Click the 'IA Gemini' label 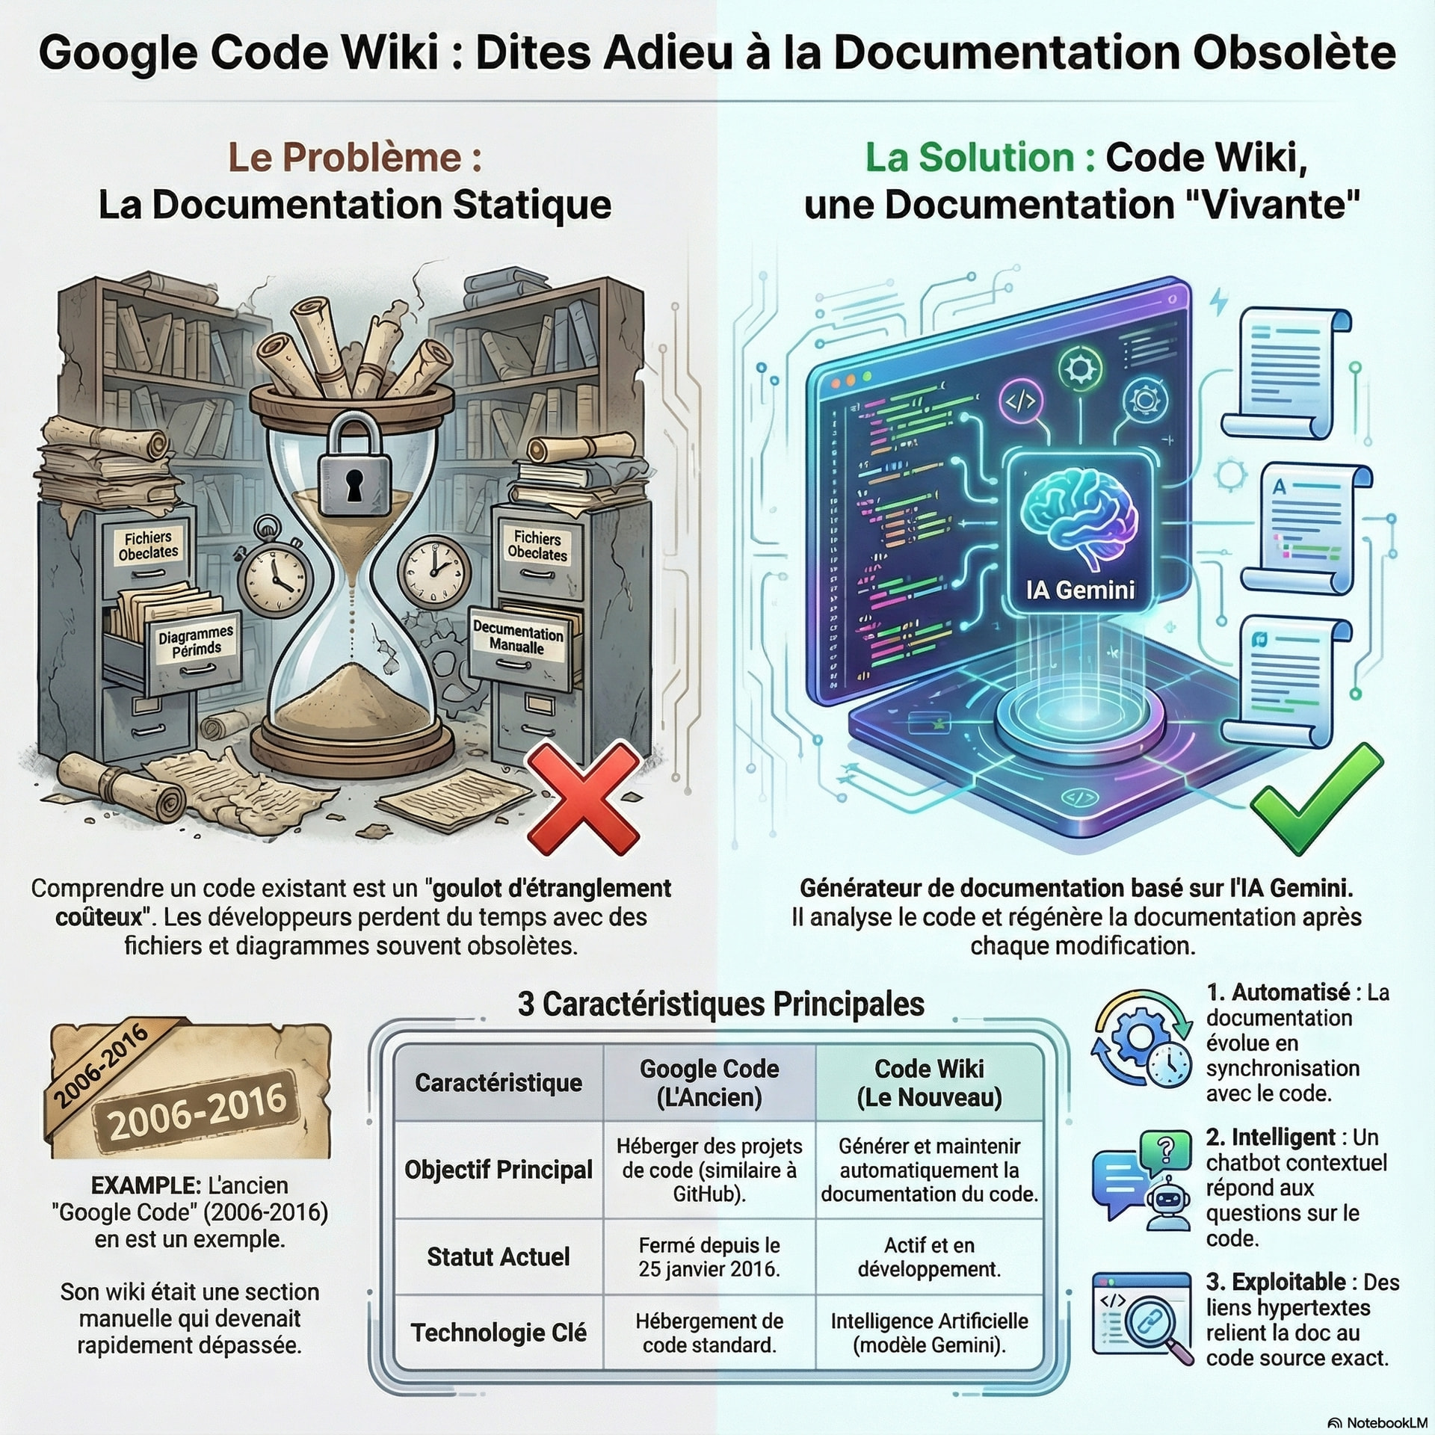[x=1081, y=590]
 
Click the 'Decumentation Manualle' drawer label [x=518, y=638]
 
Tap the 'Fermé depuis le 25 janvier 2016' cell [x=709, y=1257]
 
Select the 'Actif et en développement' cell [x=929, y=1257]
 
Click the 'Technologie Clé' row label [x=499, y=1333]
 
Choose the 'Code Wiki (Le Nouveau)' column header [x=929, y=1083]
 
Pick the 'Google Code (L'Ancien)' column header [x=709, y=1083]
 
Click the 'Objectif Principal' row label [x=499, y=1170]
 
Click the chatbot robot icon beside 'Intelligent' [x=1167, y=1204]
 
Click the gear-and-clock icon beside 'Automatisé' [x=1141, y=1038]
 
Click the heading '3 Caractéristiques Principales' [x=720, y=1004]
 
